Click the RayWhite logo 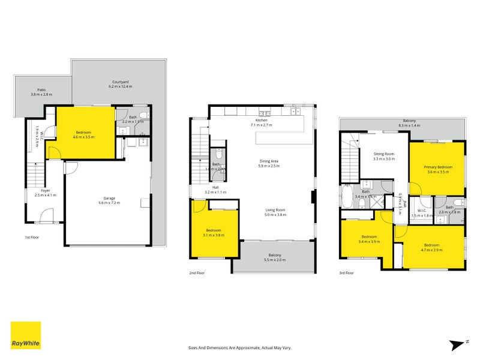tap(26, 335)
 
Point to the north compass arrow tap(457, 344)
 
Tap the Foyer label tap(44, 191)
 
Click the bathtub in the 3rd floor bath tap(347, 196)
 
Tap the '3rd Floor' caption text tap(346, 273)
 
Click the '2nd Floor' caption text tap(197, 273)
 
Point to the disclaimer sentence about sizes tap(239, 347)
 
